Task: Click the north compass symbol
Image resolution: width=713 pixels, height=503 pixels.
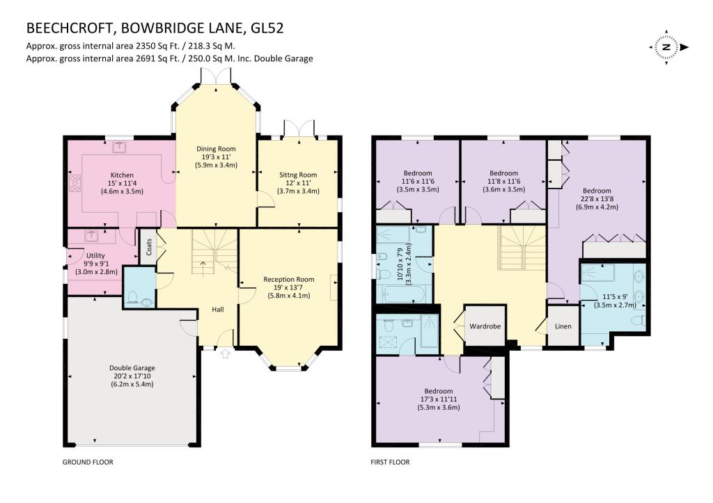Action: tap(666, 47)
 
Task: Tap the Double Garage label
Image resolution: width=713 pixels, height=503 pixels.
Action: tap(132, 367)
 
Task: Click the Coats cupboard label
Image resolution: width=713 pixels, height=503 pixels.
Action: tap(148, 246)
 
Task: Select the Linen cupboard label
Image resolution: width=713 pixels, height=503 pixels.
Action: tap(563, 326)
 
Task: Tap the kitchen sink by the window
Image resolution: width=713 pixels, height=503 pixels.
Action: tap(119, 147)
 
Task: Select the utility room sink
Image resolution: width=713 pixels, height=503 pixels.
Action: tap(91, 235)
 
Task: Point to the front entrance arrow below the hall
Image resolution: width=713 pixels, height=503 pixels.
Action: tap(224, 354)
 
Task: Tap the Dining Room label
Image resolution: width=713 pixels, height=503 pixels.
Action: tap(216, 149)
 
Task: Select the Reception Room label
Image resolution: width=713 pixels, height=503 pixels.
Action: tap(288, 279)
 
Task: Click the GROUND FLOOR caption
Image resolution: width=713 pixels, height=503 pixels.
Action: tap(88, 462)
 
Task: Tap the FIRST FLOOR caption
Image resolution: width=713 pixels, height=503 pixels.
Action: tap(390, 462)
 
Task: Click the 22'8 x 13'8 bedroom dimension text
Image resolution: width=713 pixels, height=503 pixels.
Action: tap(597, 199)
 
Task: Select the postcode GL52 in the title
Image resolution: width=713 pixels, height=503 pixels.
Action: tap(266, 29)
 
